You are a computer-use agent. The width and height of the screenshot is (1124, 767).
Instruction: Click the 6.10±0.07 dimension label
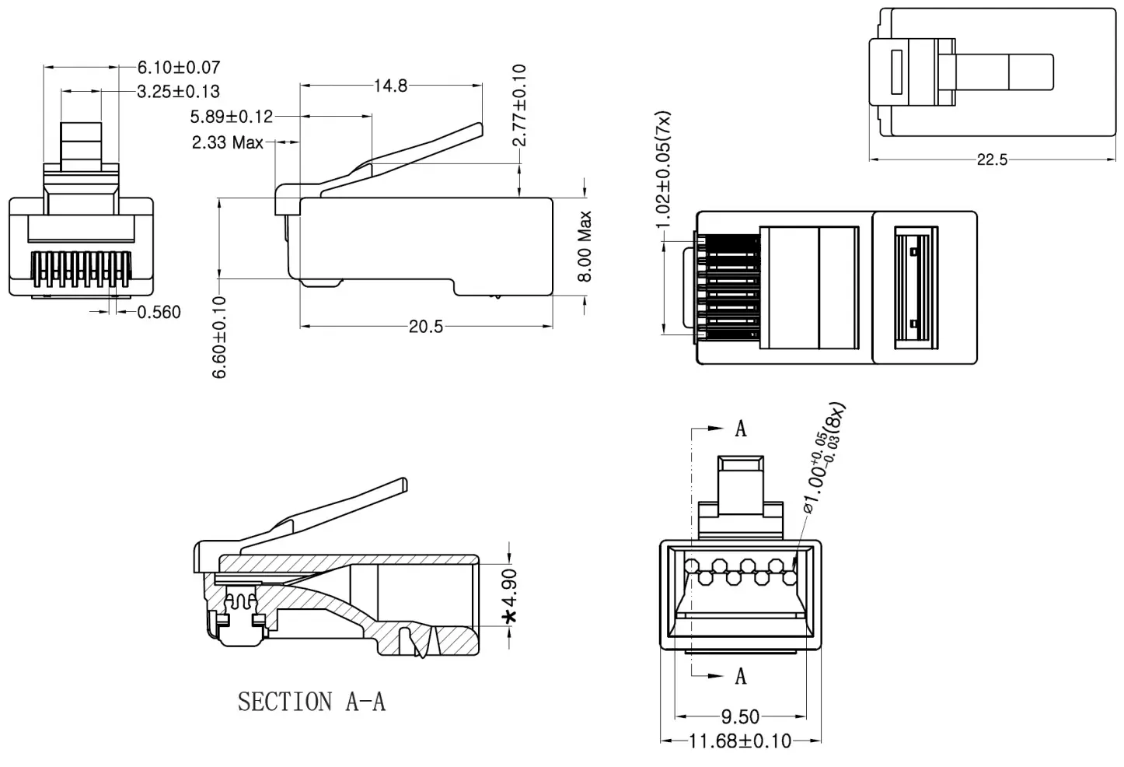pyautogui.click(x=178, y=68)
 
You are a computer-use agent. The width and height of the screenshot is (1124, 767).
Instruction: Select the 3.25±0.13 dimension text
pyautogui.click(x=178, y=92)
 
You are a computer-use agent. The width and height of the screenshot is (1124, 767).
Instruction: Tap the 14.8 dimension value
pyautogui.click(x=390, y=86)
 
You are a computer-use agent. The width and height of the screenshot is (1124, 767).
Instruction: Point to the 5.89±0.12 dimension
pyautogui.click(x=232, y=117)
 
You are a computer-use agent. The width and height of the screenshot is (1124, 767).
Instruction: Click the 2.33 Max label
pyautogui.click(x=228, y=142)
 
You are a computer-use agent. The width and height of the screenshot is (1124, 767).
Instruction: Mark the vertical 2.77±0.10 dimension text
pyautogui.click(x=520, y=105)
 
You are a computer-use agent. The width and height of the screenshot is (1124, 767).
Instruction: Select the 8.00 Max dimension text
pyautogui.click(x=585, y=247)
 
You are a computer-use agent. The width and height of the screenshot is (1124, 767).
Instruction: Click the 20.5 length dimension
pyautogui.click(x=425, y=327)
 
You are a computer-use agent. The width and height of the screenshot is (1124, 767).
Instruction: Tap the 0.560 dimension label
pyautogui.click(x=159, y=313)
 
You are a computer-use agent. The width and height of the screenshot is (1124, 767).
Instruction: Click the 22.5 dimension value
pyautogui.click(x=992, y=160)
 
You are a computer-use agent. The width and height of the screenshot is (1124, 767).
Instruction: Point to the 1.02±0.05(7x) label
pyautogui.click(x=663, y=170)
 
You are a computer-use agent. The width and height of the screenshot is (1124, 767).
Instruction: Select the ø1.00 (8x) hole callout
pyautogui.click(x=824, y=460)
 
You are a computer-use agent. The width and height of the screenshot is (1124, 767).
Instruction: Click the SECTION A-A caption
pyautogui.click(x=312, y=702)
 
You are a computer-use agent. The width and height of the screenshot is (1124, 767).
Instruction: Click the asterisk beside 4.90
pyautogui.click(x=510, y=618)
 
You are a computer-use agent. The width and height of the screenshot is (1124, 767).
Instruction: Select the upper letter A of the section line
pyautogui.click(x=741, y=429)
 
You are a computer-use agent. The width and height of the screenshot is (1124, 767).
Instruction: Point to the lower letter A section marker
pyautogui.click(x=741, y=676)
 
